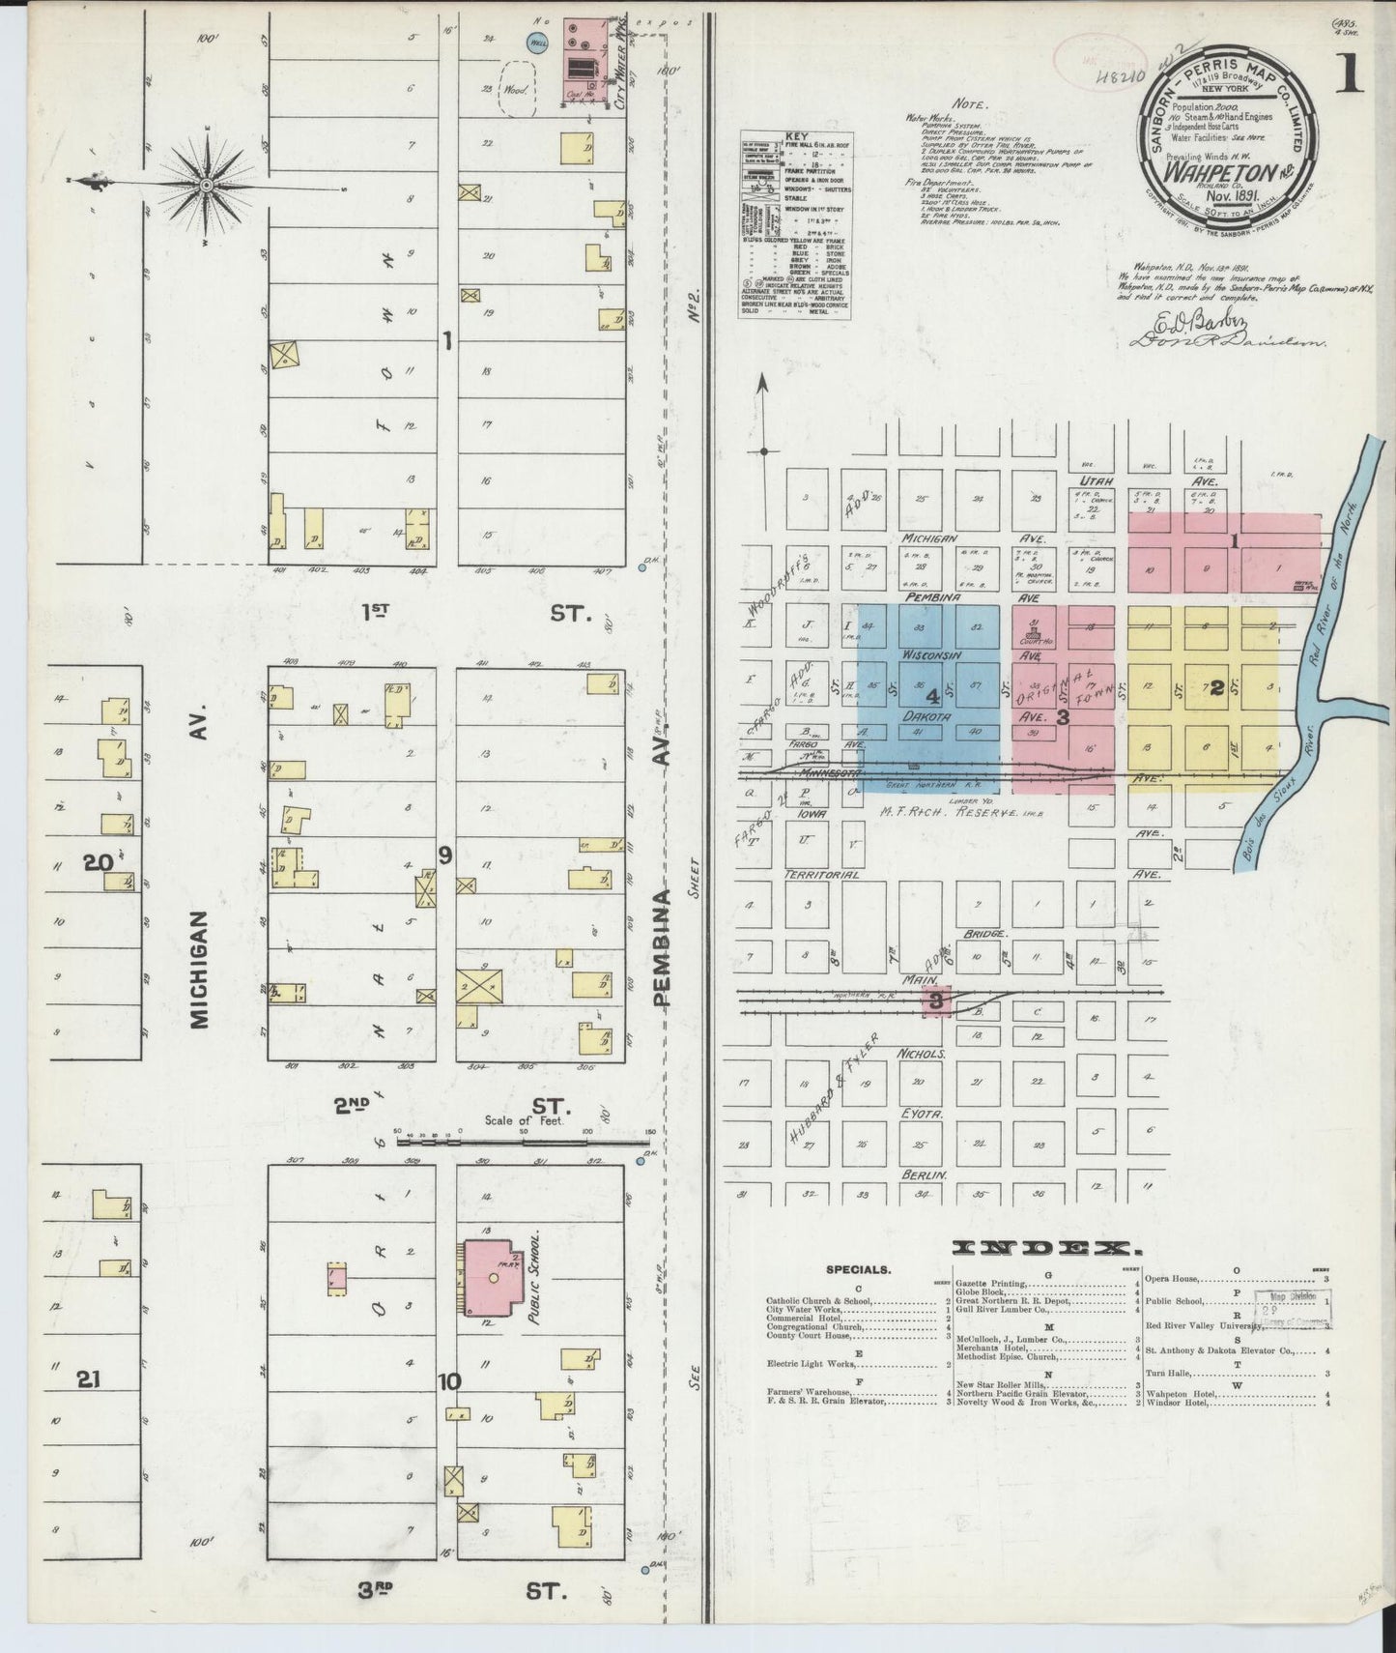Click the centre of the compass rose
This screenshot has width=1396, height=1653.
pos(207,183)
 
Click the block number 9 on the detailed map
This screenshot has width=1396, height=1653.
pos(444,854)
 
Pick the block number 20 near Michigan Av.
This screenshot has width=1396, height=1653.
pos(99,862)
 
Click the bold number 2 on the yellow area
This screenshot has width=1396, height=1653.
pos(1217,688)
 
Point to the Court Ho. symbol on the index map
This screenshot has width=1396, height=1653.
pos(1034,636)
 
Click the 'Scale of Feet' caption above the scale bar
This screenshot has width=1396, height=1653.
pos(523,1121)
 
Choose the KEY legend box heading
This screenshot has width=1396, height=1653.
pos(797,136)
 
